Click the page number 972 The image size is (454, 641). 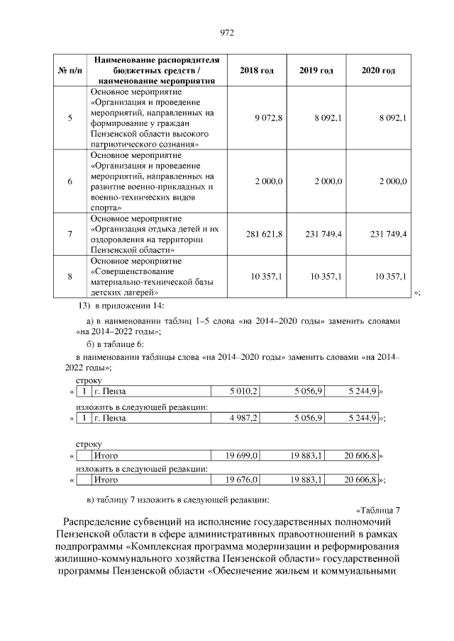227,33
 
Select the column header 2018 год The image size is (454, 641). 257,71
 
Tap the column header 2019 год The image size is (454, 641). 316,71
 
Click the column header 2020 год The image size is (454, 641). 378,71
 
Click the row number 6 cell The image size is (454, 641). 70,181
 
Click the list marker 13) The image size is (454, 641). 82,305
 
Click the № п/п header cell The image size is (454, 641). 70,71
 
